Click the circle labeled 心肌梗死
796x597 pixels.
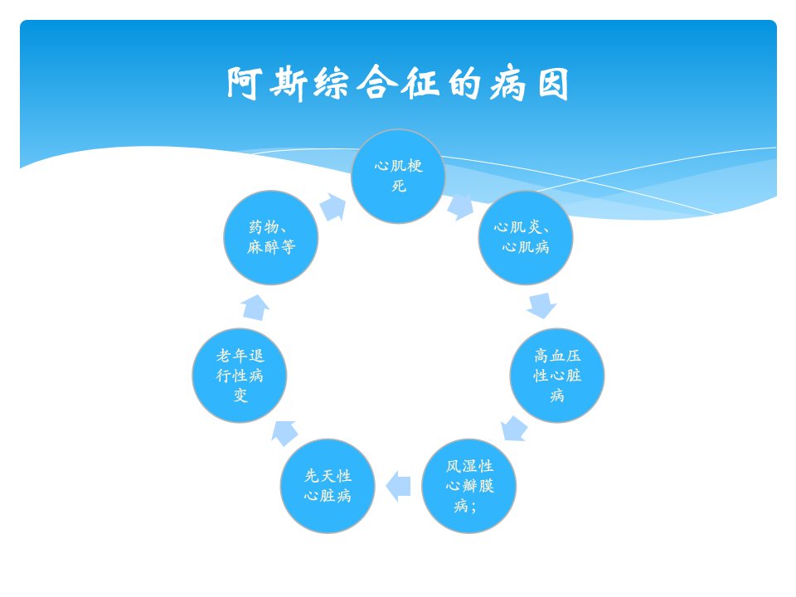[x=398, y=176]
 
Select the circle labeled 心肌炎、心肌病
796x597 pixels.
[x=526, y=238]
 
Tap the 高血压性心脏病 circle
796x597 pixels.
[x=557, y=375]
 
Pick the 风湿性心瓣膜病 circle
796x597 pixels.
[x=469, y=486]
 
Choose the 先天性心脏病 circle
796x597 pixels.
[x=328, y=486]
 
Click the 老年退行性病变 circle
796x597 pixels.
[x=240, y=375]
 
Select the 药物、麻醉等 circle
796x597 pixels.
[x=271, y=238]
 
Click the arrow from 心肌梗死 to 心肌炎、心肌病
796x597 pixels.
[x=460, y=206]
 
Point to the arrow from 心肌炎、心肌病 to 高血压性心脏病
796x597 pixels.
[x=541, y=306]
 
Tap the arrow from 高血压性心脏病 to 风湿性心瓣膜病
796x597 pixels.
[x=514, y=429]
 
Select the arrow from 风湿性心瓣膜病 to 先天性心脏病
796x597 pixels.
[x=399, y=486]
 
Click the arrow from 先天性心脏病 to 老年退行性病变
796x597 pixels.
[x=284, y=433]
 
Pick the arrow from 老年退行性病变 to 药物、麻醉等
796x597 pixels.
[x=255, y=308]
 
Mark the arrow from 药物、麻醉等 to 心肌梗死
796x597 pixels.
[x=333, y=207]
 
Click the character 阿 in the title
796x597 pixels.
[x=244, y=83]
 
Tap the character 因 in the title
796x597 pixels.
[x=553, y=83]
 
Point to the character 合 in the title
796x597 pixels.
[x=376, y=82]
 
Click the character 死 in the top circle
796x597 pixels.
[x=399, y=187]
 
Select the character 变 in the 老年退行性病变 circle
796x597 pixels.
[x=240, y=396]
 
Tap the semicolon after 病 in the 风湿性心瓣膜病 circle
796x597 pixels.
[x=473, y=507]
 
